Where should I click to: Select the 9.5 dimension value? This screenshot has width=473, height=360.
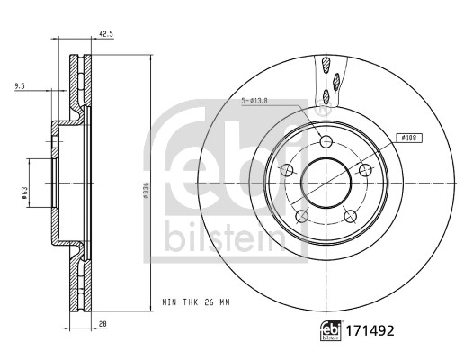coord(20,87)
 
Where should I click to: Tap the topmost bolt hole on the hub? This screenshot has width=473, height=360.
coord(326,139)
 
